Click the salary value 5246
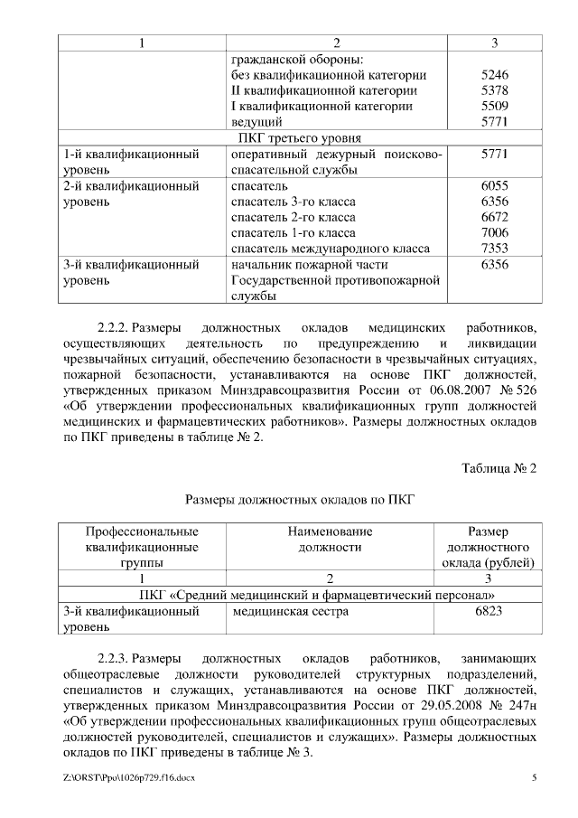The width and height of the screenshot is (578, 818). (x=495, y=75)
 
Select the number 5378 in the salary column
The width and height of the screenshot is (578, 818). (x=495, y=90)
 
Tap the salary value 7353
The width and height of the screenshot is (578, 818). (x=495, y=249)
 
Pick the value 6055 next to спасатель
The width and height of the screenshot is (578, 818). (x=495, y=185)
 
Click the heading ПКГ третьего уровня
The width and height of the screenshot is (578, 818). (x=299, y=138)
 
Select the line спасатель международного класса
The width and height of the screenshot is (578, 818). (x=331, y=249)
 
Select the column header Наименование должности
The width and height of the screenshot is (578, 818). (x=331, y=539)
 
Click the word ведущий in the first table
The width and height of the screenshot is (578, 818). (x=257, y=122)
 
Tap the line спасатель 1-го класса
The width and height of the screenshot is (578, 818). (x=294, y=233)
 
